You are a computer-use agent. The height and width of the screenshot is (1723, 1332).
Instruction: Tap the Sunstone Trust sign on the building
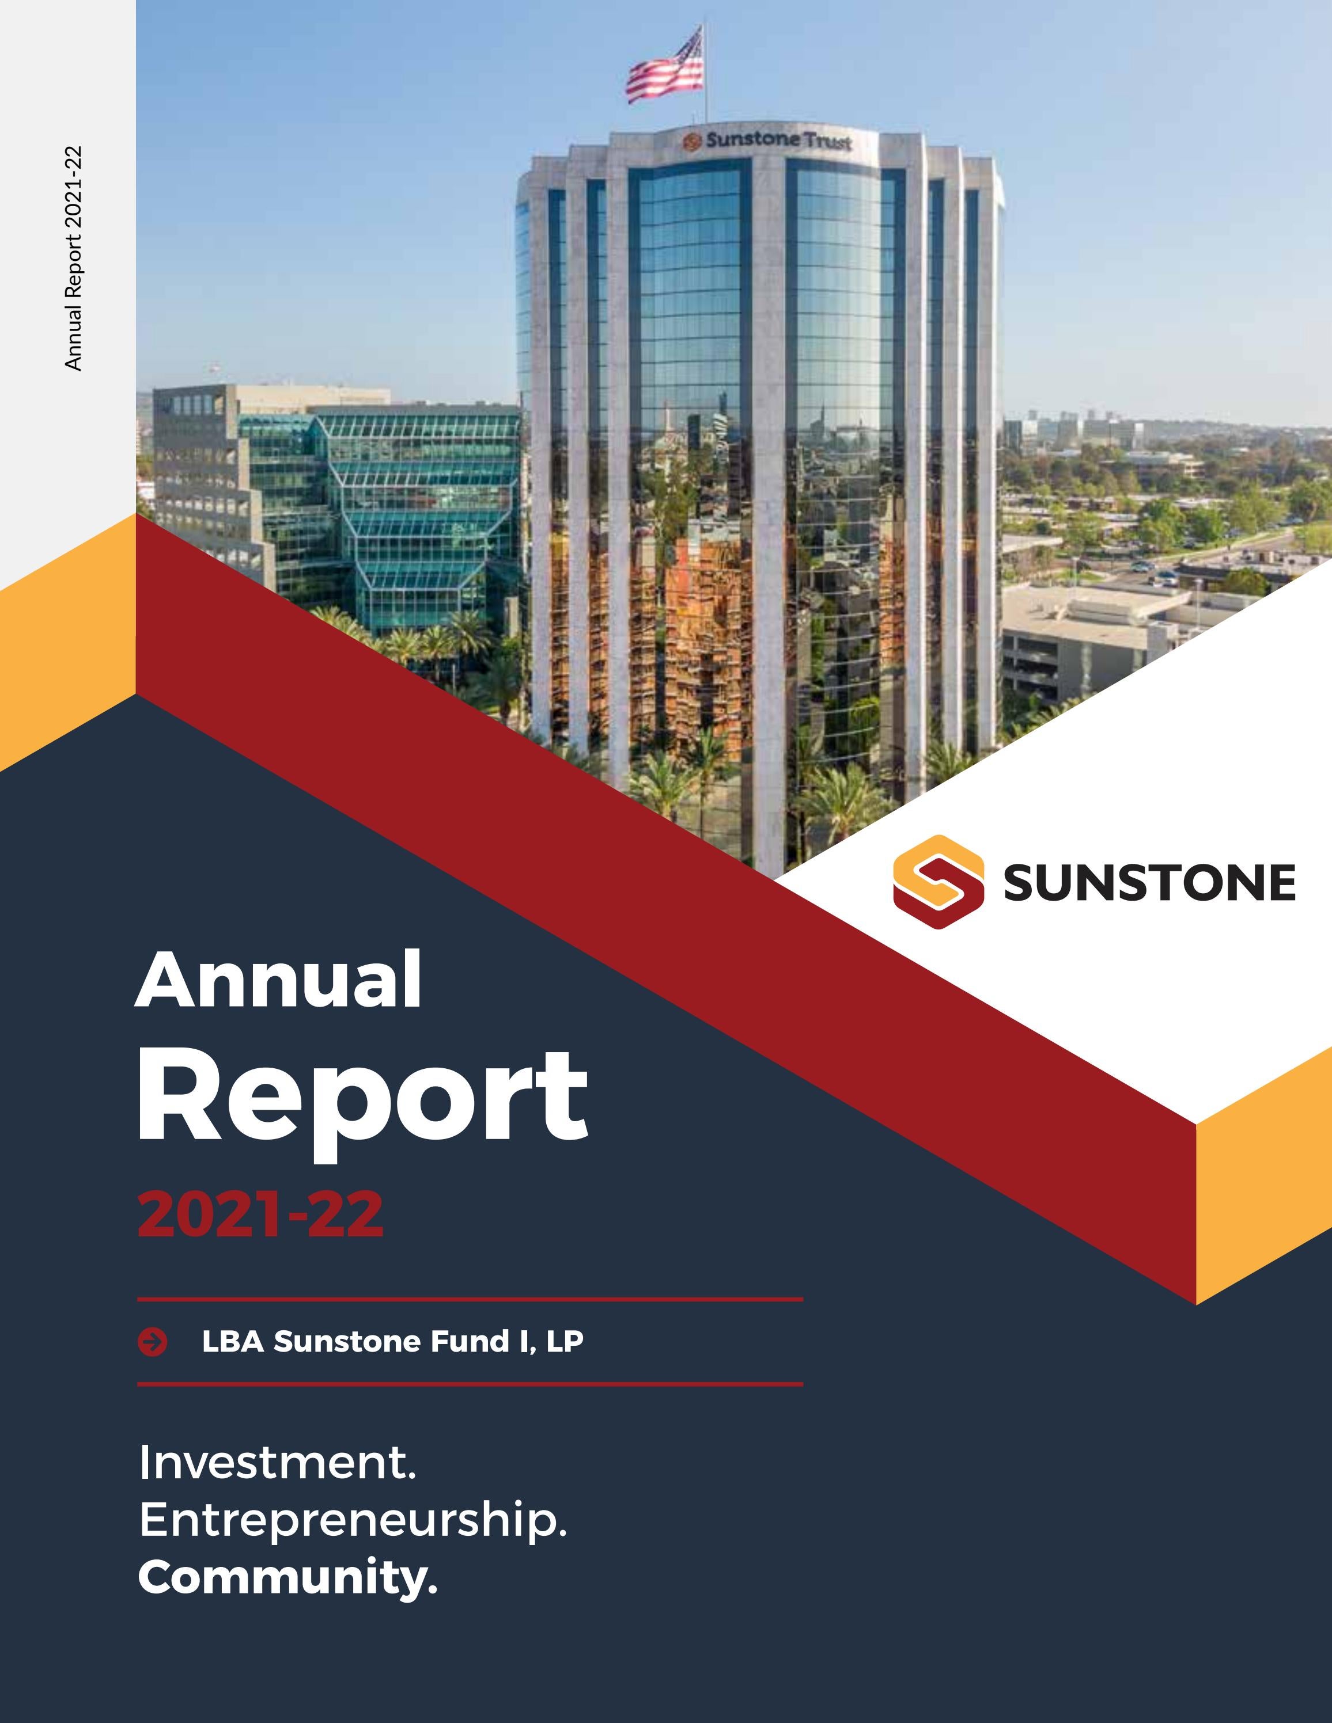(x=768, y=141)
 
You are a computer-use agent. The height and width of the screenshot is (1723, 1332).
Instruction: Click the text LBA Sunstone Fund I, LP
(x=392, y=1341)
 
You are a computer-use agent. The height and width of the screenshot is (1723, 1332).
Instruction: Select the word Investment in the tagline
(x=276, y=1462)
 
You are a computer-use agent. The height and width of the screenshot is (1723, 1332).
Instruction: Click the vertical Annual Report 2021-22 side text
(x=73, y=258)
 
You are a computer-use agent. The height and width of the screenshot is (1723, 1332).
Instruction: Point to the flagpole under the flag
(x=705, y=111)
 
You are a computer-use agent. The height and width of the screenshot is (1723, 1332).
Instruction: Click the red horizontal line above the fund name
(x=470, y=1298)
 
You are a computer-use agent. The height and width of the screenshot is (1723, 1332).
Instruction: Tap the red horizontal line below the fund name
(x=470, y=1384)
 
